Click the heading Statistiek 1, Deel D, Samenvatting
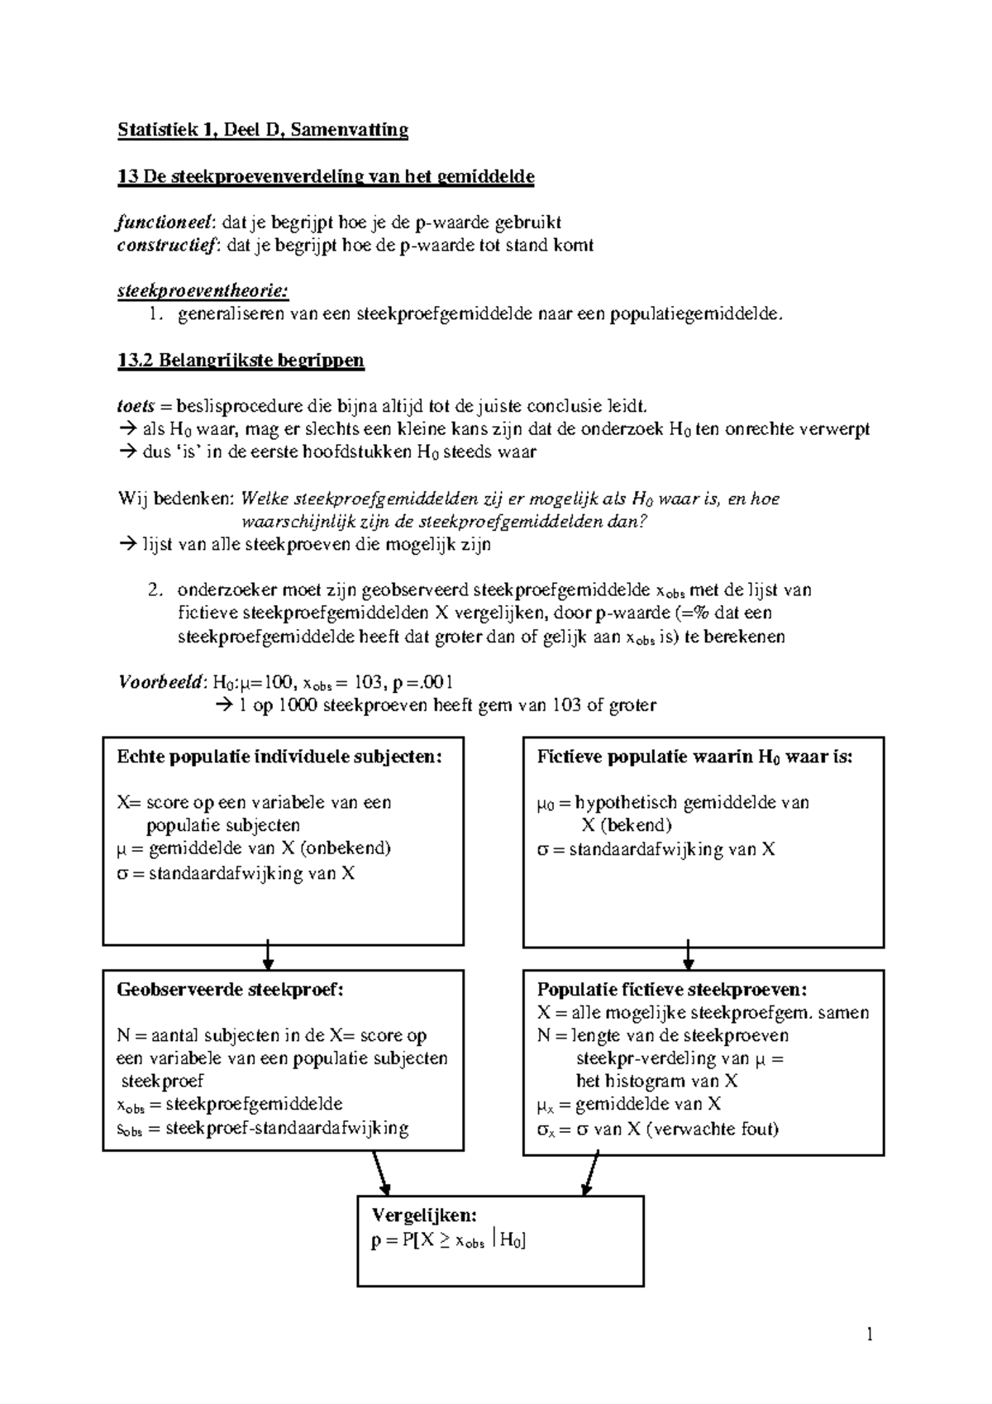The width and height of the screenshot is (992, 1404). pyautogui.click(x=263, y=131)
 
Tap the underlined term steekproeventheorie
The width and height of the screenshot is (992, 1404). pyautogui.click(x=203, y=291)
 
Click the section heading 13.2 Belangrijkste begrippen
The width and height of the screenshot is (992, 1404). pyautogui.click(x=241, y=361)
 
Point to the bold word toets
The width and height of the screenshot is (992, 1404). pyautogui.click(x=135, y=407)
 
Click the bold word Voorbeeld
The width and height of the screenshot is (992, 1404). pyautogui.click(x=160, y=683)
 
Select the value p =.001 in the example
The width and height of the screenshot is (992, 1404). pyautogui.click(x=423, y=683)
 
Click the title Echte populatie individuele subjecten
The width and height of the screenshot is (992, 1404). pyautogui.click(x=279, y=757)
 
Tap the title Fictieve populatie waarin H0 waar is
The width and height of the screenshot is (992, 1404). pyautogui.click(x=694, y=757)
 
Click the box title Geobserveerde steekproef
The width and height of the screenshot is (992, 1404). pyautogui.click(x=230, y=990)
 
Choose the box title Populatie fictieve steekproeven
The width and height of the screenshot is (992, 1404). pyautogui.click(x=671, y=990)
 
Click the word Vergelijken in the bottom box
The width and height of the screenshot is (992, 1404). pyautogui.click(x=424, y=1215)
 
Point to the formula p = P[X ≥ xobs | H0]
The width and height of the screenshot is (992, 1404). pyautogui.click(x=449, y=1240)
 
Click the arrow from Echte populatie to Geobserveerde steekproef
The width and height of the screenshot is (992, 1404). pyautogui.click(x=268, y=957)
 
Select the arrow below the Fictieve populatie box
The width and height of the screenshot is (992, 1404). pyautogui.click(x=688, y=957)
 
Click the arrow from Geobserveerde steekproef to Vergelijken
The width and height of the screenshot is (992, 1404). pyautogui.click(x=380, y=1172)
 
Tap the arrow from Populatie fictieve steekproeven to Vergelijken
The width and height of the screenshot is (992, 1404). pyautogui.click(x=590, y=1172)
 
